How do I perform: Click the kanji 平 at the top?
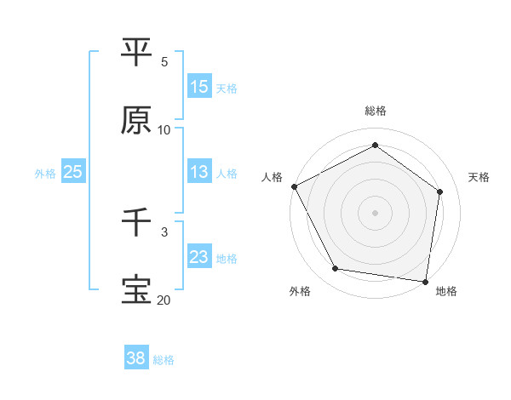click(136, 51)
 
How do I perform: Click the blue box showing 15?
click(199, 87)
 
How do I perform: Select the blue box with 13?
click(199, 172)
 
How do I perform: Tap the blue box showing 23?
click(199, 257)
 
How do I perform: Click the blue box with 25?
click(72, 172)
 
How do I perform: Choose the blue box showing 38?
click(136, 358)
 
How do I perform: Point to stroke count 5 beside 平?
click(164, 61)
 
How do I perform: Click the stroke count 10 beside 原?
click(164, 130)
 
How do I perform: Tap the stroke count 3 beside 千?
click(164, 231)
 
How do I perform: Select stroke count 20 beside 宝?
click(164, 300)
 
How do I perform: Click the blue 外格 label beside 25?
click(45, 173)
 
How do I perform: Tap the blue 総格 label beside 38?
click(164, 360)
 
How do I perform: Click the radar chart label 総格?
click(376, 111)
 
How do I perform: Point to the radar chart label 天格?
click(479, 177)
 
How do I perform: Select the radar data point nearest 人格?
click(294, 186)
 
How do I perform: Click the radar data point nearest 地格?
click(426, 281)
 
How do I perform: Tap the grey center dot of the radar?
click(376, 213)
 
